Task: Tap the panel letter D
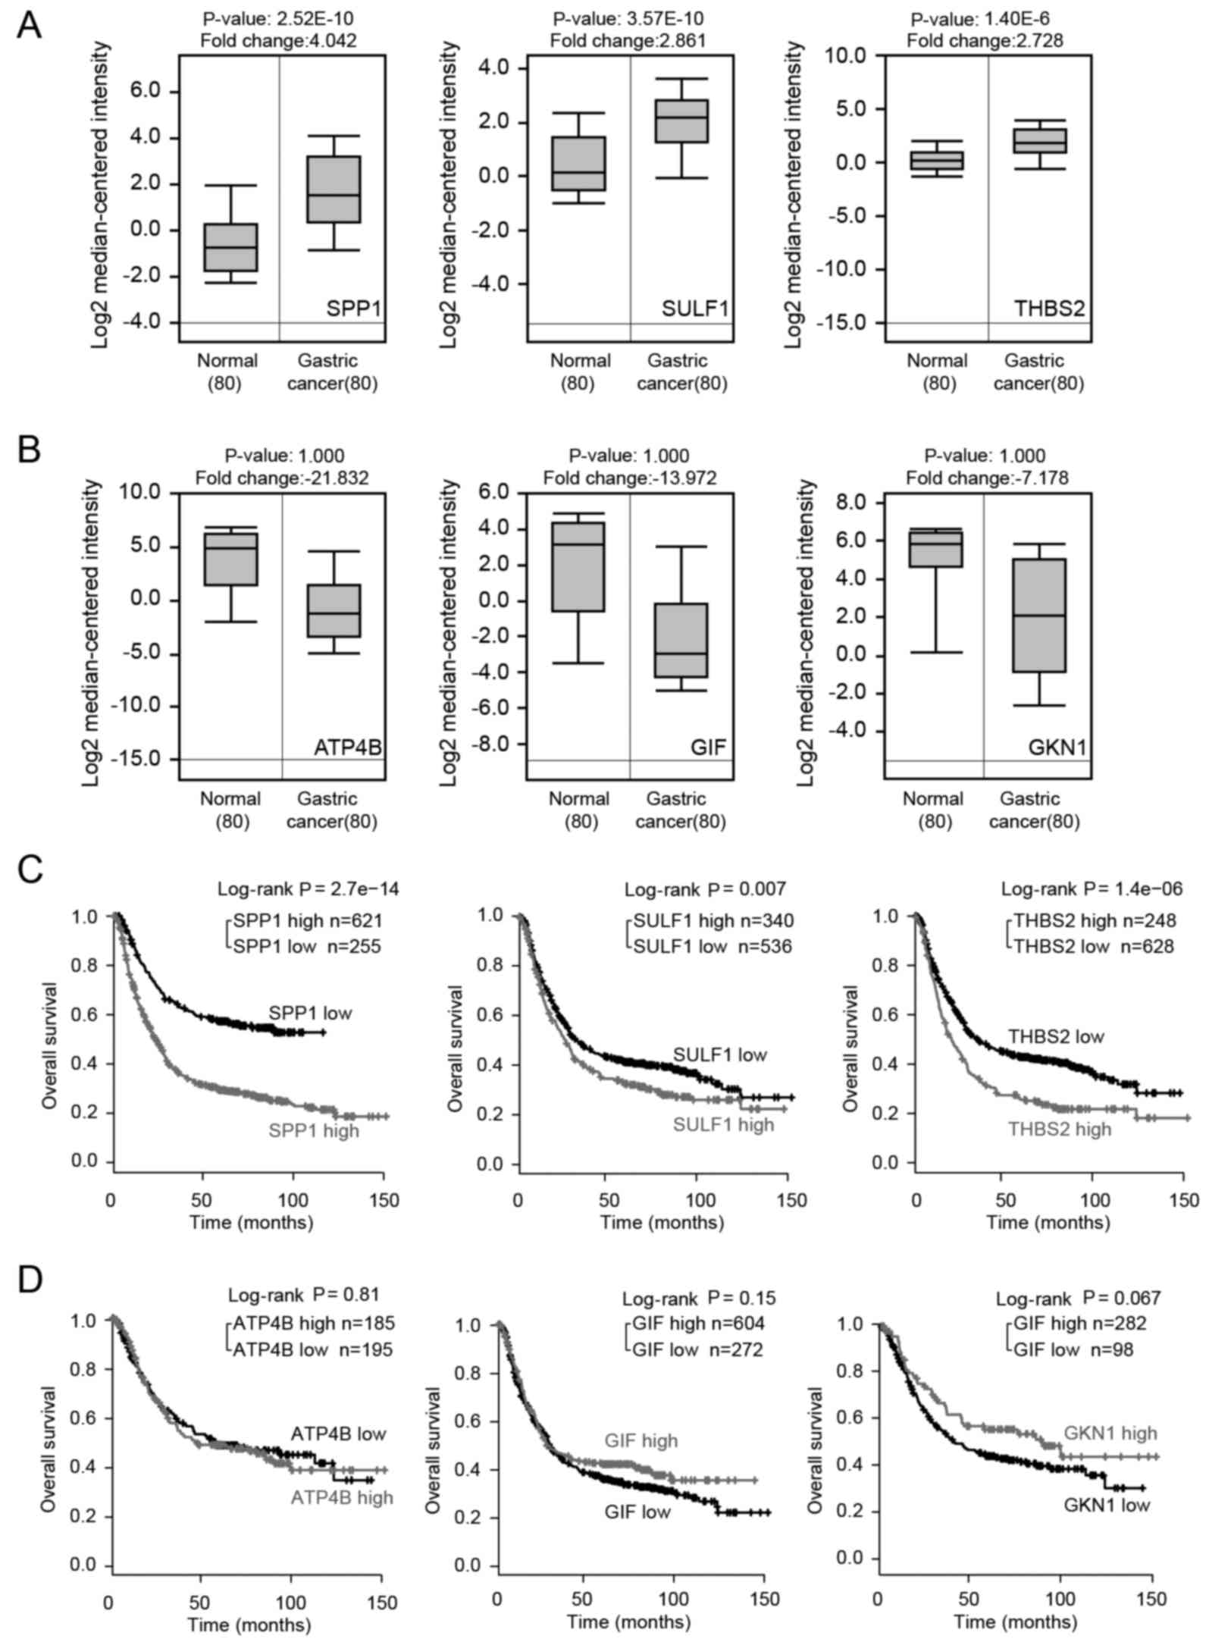coord(30,1280)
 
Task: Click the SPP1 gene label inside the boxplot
coord(353,309)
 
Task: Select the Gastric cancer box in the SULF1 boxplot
coord(681,121)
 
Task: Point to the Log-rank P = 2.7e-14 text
coord(309,888)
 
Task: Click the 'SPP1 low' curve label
coord(310,1012)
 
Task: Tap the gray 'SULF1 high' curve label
coord(724,1123)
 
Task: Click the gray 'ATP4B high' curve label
coord(342,1497)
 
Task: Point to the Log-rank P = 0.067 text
coord(1078,1299)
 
